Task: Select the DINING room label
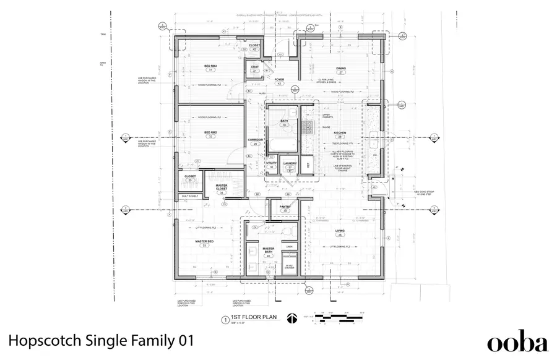(340, 68)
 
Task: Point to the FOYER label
(279, 79)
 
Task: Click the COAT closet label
(254, 67)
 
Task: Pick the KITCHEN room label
(340, 132)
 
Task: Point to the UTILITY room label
(271, 163)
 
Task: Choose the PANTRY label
(285, 207)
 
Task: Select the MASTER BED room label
(204, 241)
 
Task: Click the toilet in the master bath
(285, 230)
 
